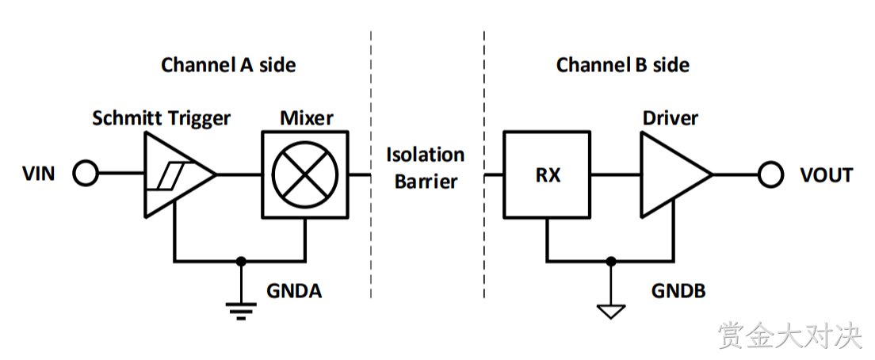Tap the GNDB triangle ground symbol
pyautogui.click(x=611, y=311)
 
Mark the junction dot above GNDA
pyautogui.click(x=241, y=261)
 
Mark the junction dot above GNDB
pyautogui.click(x=611, y=261)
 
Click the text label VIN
pyautogui.click(x=39, y=174)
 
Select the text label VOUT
pyautogui.click(x=827, y=174)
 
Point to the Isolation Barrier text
pyautogui.click(x=426, y=167)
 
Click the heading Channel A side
pyautogui.click(x=228, y=65)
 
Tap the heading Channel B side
pyautogui.click(x=623, y=65)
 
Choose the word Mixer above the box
pyautogui.click(x=307, y=118)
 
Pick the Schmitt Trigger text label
pyautogui.click(x=161, y=119)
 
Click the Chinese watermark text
pyautogui.click(x=791, y=335)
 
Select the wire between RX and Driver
pyautogui.click(x=616, y=174)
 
